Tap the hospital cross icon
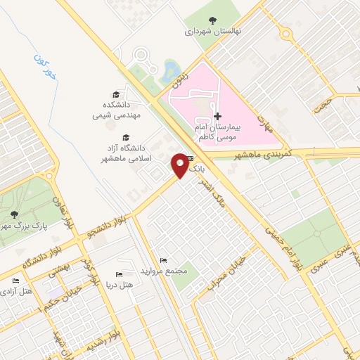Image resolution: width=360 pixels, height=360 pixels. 217,116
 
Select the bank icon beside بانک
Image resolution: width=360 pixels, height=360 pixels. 191,160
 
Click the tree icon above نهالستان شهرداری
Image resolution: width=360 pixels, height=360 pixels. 214,20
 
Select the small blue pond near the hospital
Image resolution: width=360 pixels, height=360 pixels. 170,69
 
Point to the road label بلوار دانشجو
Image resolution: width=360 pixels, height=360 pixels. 105,226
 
